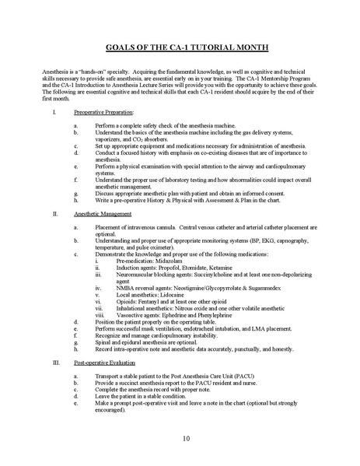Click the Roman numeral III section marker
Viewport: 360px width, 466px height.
coord(54,363)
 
